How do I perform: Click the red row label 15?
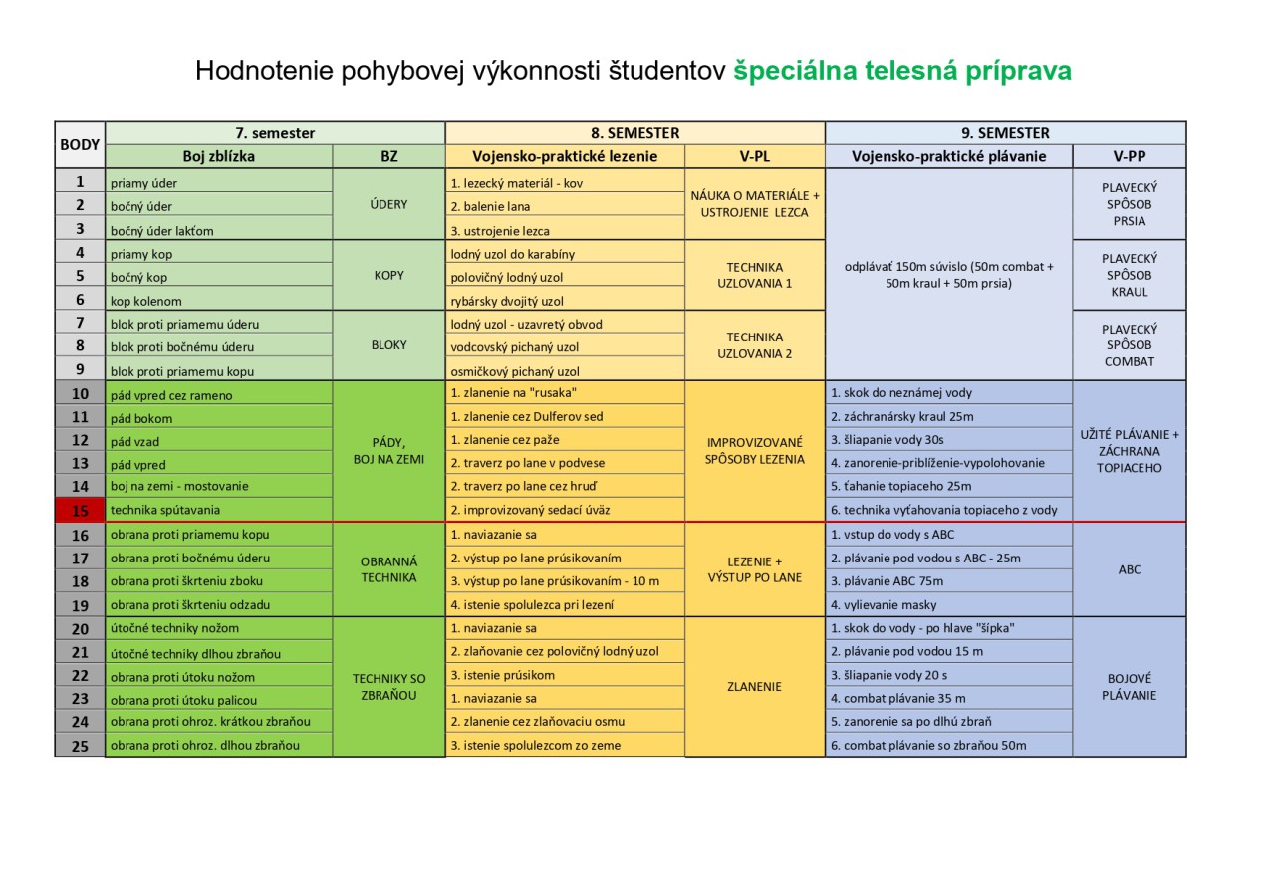pyautogui.click(x=80, y=510)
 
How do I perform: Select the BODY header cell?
pyautogui.click(x=80, y=144)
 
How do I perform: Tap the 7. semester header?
pyautogui.click(x=275, y=133)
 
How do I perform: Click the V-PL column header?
pyautogui.click(x=755, y=156)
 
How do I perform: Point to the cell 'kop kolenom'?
pyautogui.click(x=219, y=301)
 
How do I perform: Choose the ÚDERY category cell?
pyautogui.click(x=388, y=204)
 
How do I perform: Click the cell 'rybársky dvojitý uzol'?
pyautogui.click(x=565, y=301)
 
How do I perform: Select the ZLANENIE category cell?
pyautogui.click(x=755, y=686)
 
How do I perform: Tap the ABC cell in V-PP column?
pyautogui.click(x=1130, y=570)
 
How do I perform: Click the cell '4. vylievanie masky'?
pyautogui.click(x=948, y=604)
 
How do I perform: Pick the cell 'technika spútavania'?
pyautogui.click(x=219, y=510)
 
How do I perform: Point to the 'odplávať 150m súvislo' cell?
pyautogui.click(x=948, y=275)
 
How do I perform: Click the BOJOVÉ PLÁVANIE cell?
pyautogui.click(x=1130, y=687)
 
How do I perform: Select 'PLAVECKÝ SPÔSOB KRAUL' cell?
pyautogui.click(x=1130, y=275)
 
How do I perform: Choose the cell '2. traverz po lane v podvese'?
pyautogui.click(x=565, y=463)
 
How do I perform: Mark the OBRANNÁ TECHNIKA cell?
pyautogui.click(x=388, y=569)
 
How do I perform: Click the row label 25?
pyautogui.click(x=80, y=745)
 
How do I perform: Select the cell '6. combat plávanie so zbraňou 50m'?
pyautogui.click(x=948, y=745)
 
